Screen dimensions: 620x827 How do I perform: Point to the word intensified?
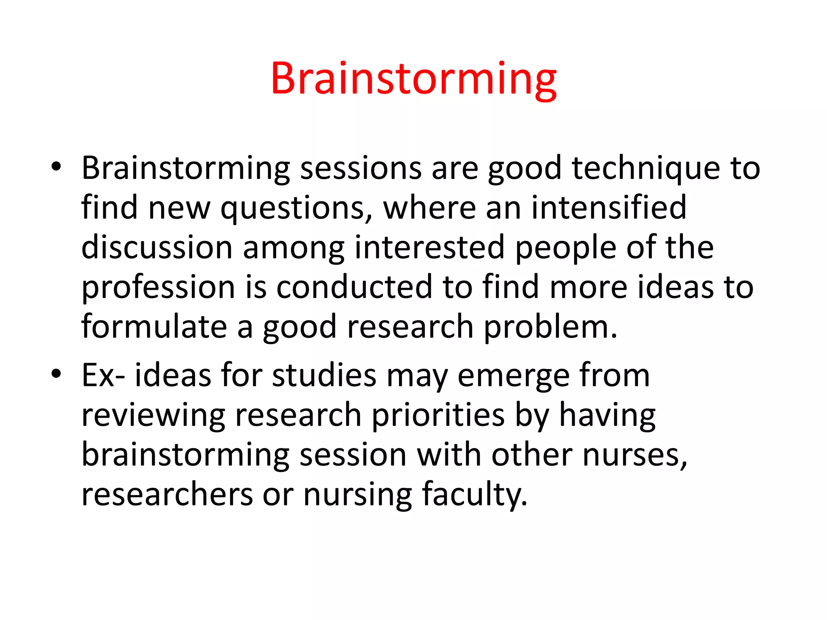click(609, 207)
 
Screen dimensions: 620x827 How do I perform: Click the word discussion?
click(157, 247)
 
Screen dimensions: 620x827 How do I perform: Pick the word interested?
click(430, 247)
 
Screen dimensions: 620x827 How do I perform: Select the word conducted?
click(354, 287)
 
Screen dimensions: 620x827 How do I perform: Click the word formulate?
click(154, 327)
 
